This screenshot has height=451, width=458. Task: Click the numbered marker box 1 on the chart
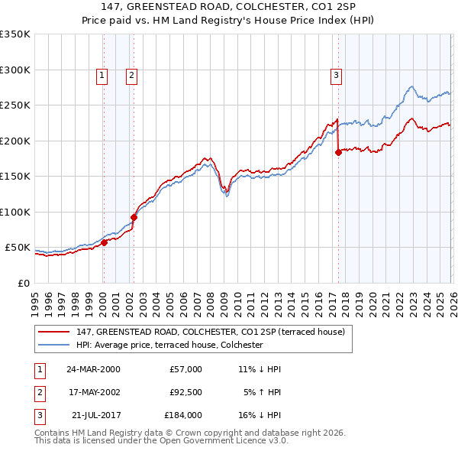pyautogui.click(x=102, y=75)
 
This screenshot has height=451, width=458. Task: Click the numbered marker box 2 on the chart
pyautogui.click(x=131, y=75)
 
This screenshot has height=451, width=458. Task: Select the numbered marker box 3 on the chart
pyautogui.click(x=335, y=75)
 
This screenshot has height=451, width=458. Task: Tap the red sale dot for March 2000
pyautogui.click(x=105, y=243)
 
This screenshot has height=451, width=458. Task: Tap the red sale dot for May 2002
pyautogui.click(x=134, y=217)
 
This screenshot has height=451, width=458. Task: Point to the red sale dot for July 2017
pyautogui.click(x=338, y=152)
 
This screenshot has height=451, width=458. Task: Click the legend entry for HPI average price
pyautogui.click(x=169, y=345)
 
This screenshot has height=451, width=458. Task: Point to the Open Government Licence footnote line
pyautogui.click(x=161, y=442)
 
